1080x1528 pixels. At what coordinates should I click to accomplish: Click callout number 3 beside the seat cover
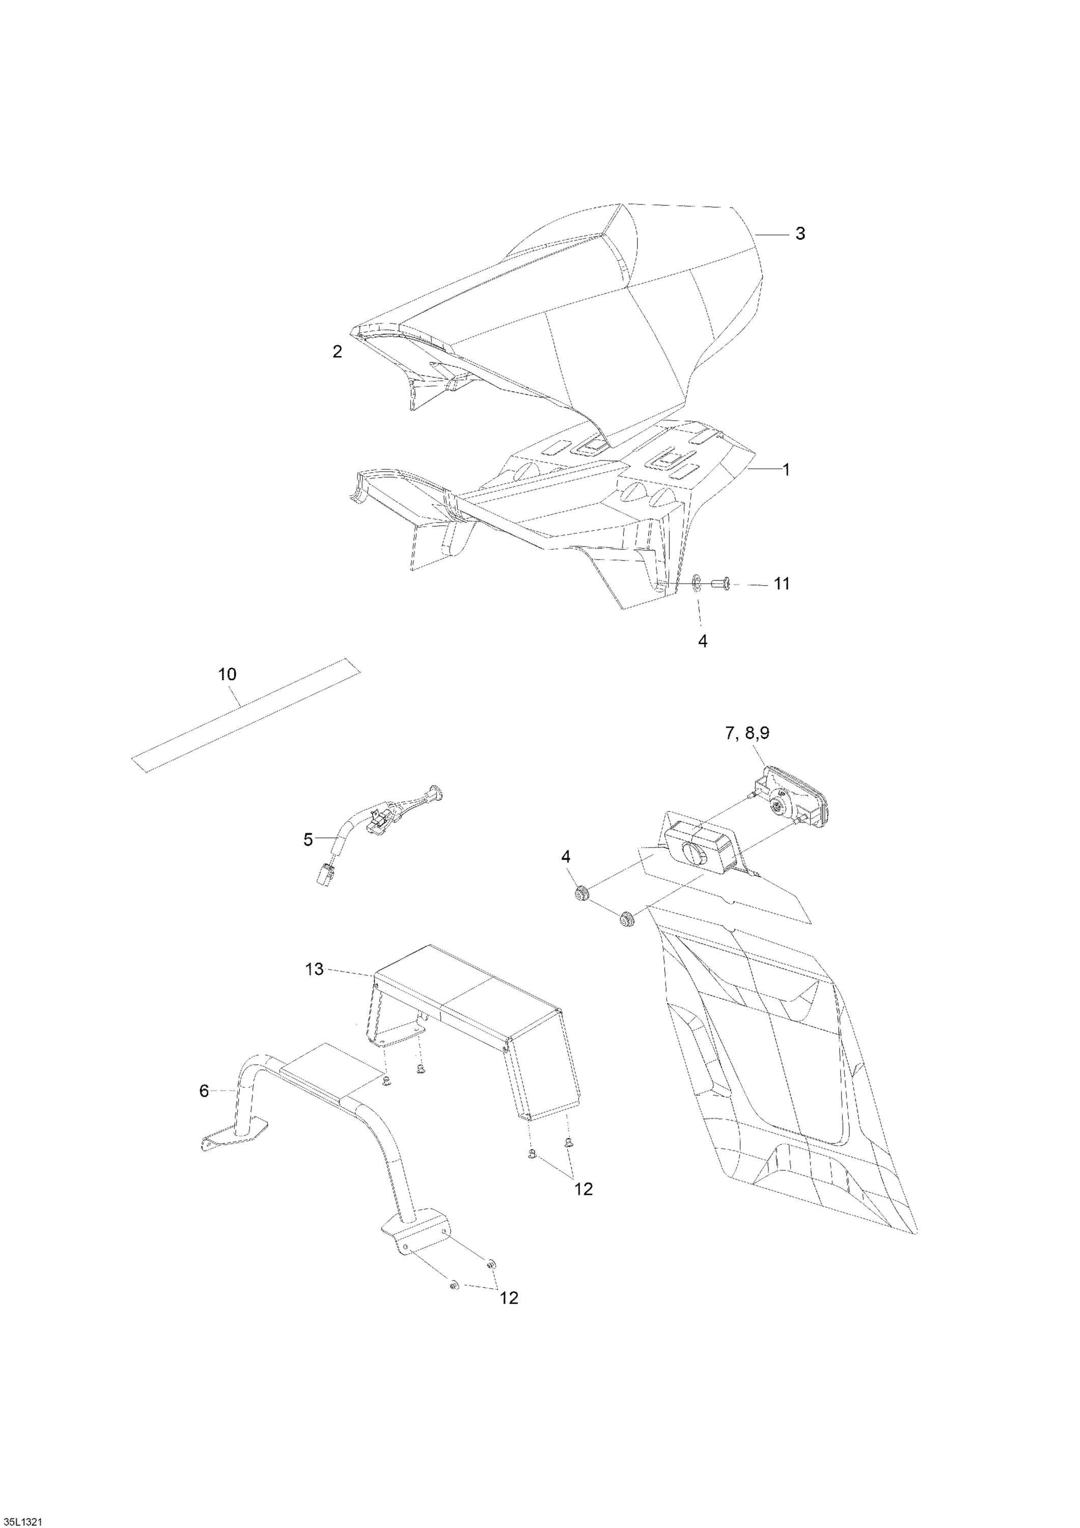(x=800, y=234)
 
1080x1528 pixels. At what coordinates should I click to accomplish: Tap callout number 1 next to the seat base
(x=786, y=470)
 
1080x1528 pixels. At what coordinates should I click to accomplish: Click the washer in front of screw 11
(x=696, y=584)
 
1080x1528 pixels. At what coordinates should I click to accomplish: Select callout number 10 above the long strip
(x=227, y=674)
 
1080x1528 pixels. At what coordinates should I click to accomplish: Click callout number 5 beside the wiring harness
(x=308, y=840)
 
